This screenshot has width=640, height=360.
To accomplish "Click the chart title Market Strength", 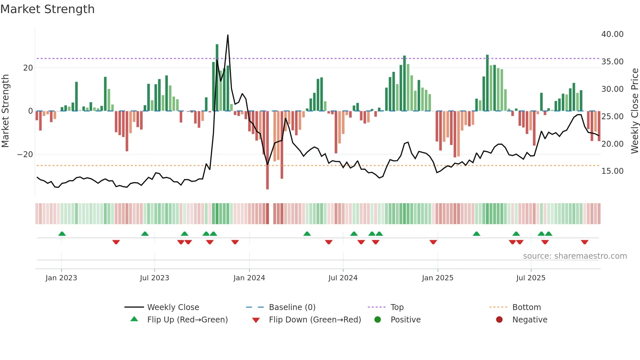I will (47, 9).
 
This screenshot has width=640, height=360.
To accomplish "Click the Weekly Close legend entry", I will (173, 307).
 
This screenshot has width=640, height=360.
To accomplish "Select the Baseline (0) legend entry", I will (292, 307).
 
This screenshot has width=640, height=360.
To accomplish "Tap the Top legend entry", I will (397, 307).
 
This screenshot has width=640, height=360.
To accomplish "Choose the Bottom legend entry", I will (526, 307).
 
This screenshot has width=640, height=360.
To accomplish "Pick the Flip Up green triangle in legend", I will (134, 319).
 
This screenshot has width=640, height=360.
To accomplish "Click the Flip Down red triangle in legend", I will (256, 320).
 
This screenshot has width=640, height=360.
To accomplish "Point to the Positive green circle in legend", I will (378, 319).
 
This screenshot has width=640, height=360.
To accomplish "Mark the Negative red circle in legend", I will (499, 319).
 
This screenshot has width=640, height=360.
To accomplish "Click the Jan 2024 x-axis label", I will (249, 278).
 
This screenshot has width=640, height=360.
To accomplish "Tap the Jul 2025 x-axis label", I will (531, 278).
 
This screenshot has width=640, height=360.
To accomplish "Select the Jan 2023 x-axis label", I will (61, 278).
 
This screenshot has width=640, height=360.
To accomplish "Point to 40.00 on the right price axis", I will (612, 34).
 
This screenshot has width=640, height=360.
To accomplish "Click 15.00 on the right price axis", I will (612, 171).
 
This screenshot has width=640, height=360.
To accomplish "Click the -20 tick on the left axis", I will (25, 154).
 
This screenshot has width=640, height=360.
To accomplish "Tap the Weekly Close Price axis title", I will (634, 111).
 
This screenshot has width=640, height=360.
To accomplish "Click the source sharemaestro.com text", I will (575, 256).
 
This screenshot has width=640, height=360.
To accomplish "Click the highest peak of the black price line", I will (228, 35).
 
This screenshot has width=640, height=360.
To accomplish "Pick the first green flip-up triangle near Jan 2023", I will (62, 234).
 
